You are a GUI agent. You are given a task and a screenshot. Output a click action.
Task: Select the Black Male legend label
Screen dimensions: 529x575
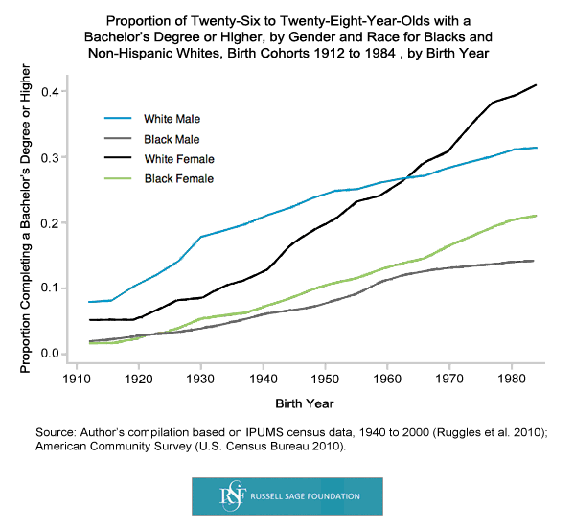point(172,139)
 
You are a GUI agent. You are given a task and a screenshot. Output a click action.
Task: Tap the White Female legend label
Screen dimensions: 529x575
point(178,158)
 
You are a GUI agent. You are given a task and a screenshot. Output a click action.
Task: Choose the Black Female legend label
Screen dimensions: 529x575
point(178,178)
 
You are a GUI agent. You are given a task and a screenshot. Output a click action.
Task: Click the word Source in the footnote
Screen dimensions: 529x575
point(54,434)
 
